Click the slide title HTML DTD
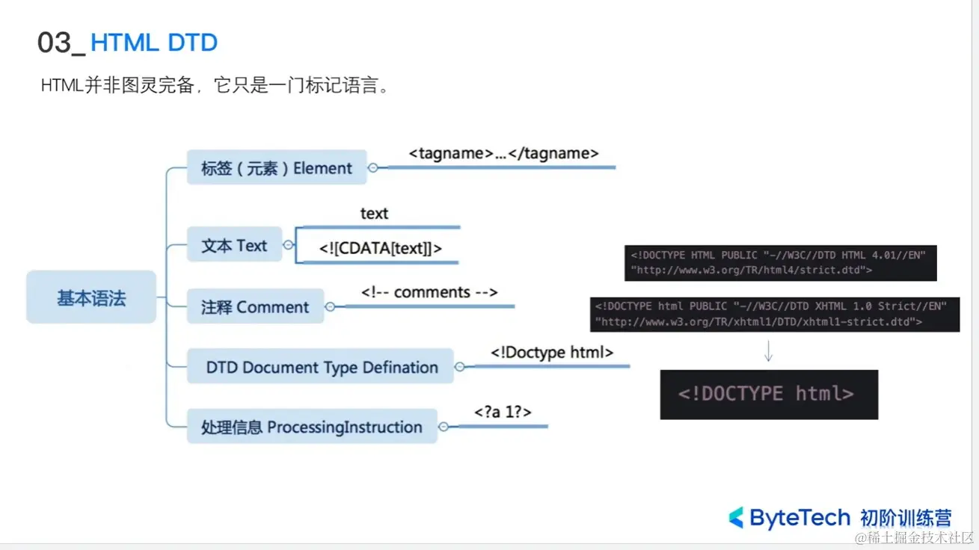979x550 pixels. click(x=153, y=43)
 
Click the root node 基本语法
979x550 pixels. click(x=91, y=298)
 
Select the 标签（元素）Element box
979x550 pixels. click(x=276, y=168)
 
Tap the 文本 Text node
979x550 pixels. click(x=234, y=245)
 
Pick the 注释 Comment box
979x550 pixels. click(x=255, y=307)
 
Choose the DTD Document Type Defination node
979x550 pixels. click(x=321, y=367)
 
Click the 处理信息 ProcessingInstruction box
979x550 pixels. click(x=312, y=427)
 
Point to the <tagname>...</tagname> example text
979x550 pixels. click(x=503, y=153)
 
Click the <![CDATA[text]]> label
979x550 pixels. click(x=381, y=249)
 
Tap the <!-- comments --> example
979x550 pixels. click(x=429, y=291)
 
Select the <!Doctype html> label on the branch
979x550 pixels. click(x=552, y=352)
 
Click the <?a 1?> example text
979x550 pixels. click(x=503, y=412)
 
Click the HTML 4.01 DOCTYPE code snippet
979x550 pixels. click(x=780, y=262)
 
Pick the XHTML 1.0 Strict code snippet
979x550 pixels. click(x=773, y=314)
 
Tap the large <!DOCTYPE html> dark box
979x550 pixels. click(x=768, y=394)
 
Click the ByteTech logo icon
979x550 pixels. click(x=736, y=517)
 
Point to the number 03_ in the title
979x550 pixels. click(x=61, y=43)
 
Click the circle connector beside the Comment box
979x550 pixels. click(x=330, y=306)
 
